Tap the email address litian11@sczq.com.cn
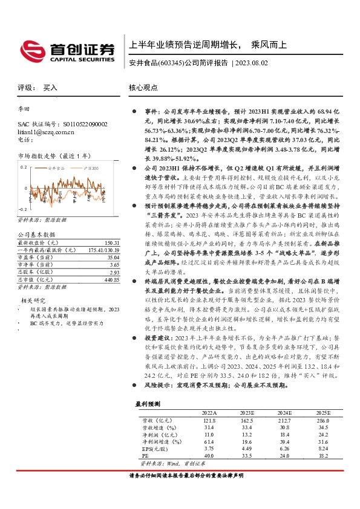point(46,131)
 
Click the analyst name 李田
point(24,110)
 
